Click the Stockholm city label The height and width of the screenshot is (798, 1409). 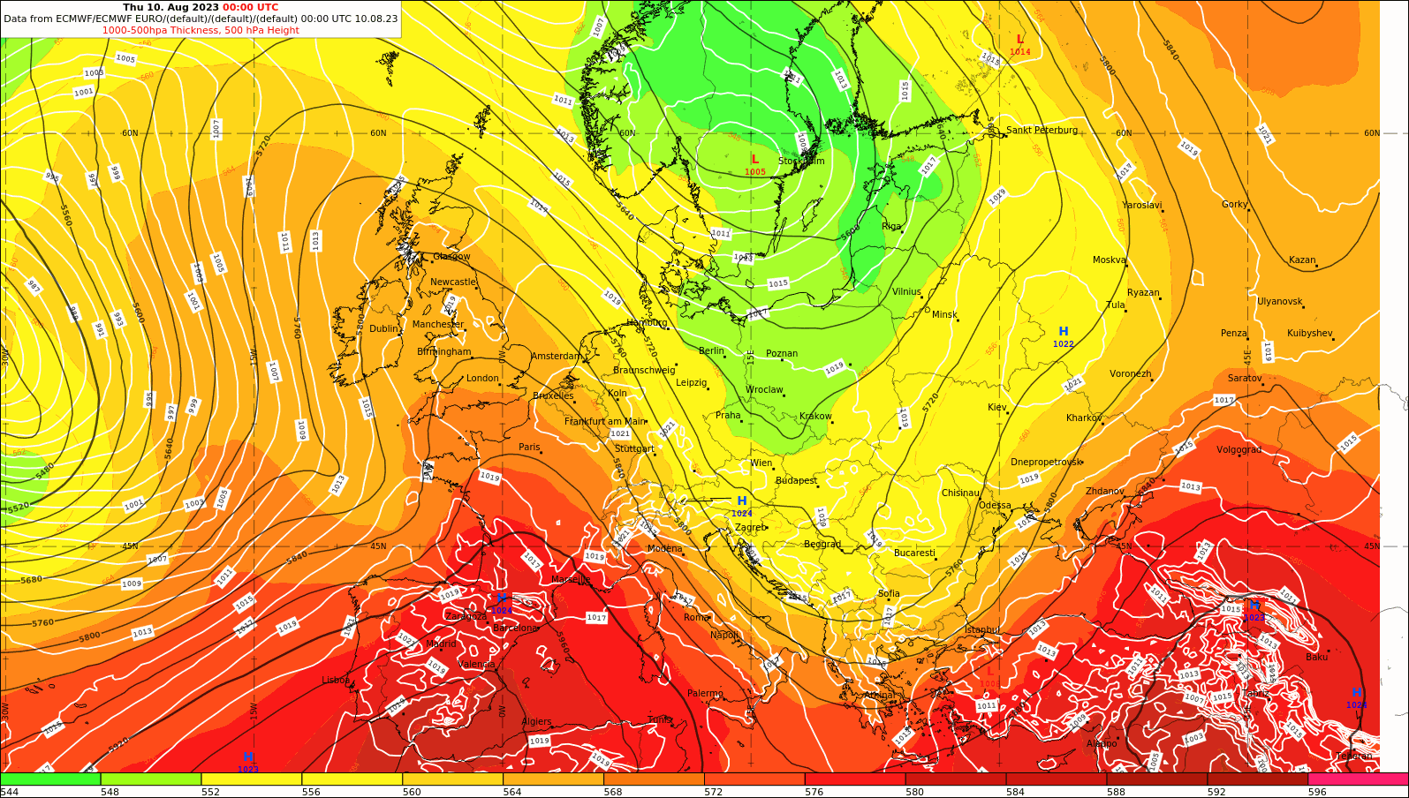(801, 162)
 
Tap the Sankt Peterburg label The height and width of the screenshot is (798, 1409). (1042, 131)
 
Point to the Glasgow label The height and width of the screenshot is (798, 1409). (451, 257)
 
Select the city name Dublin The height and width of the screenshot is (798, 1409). (384, 329)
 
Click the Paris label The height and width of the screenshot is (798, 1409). (529, 448)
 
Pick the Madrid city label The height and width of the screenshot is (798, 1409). (441, 644)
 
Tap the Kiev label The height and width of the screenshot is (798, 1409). (996, 408)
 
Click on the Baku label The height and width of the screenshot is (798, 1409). (1316, 657)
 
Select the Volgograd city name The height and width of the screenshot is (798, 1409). (1239, 450)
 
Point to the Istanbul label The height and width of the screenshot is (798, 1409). (981, 630)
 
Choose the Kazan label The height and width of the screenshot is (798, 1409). (1302, 260)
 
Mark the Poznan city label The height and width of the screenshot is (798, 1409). (782, 354)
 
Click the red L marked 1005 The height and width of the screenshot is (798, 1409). (755, 160)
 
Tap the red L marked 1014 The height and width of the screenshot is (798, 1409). (1020, 40)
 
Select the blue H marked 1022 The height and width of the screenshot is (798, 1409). (1064, 332)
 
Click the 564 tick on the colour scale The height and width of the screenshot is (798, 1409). (512, 792)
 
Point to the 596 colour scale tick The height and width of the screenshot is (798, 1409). (1317, 792)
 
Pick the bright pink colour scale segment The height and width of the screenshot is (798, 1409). (1358, 779)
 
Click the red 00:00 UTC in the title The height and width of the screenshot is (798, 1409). (250, 7)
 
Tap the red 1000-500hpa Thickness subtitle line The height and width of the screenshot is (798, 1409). (201, 30)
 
